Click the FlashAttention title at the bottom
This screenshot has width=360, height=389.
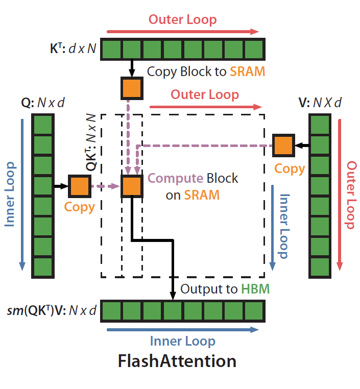point(177,361)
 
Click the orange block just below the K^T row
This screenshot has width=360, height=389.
point(132,88)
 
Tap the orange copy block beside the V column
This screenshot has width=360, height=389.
point(283,145)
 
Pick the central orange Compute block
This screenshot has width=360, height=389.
point(132,186)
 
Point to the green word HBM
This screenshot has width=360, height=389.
point(255,289)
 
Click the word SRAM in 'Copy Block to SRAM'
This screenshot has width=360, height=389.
point(248,71)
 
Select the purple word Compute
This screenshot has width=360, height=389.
point(175,178)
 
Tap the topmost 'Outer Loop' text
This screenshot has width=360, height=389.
point(182,19)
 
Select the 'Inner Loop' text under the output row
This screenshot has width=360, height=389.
point(182,341)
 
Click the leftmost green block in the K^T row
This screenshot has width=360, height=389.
point(112,50)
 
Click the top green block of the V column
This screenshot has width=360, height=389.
point(320,125)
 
